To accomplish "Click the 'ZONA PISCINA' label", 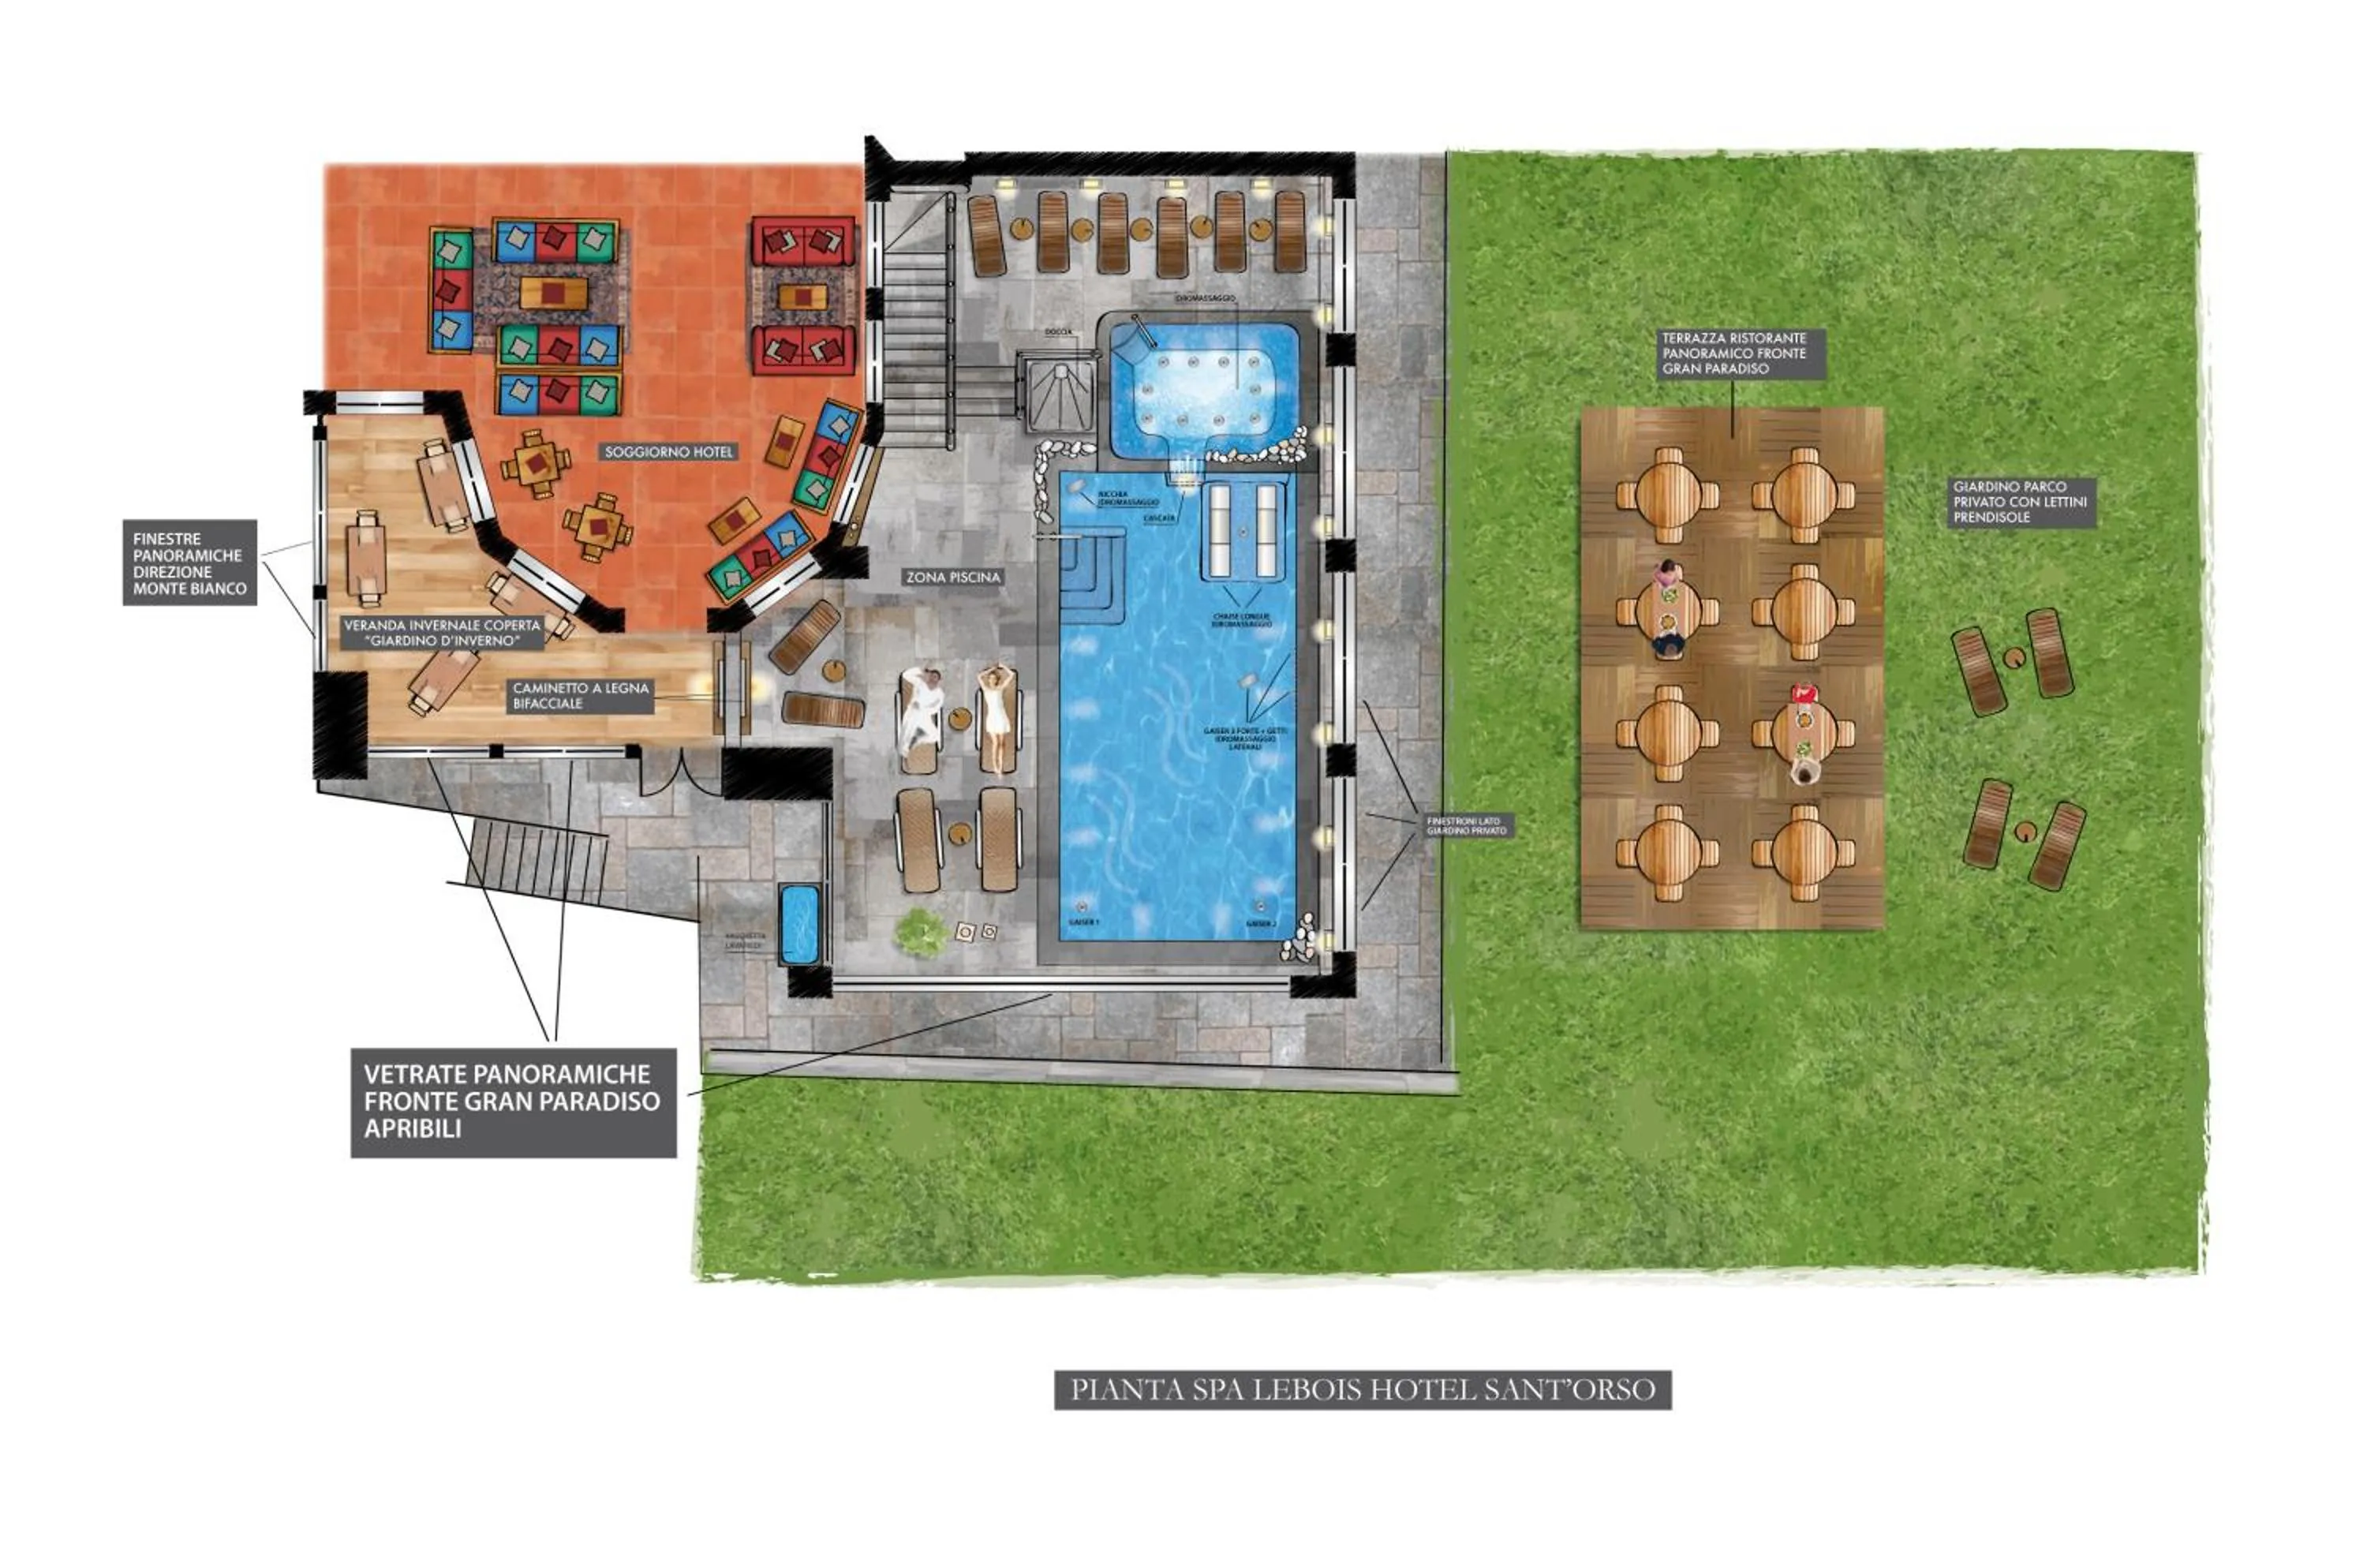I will (952, 577).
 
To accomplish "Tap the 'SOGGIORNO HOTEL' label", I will (668, 451).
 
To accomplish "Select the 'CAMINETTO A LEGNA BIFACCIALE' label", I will (581, 696).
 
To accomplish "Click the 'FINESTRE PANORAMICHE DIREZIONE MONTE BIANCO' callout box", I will (189, 563).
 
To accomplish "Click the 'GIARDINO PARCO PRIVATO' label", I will (2019, 502).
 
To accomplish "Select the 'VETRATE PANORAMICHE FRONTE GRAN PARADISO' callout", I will (513, 1101).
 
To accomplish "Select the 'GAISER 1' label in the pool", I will (1083, 922).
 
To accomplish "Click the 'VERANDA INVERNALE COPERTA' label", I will (443, 634).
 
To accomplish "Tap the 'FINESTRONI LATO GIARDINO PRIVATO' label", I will (1466, 825).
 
